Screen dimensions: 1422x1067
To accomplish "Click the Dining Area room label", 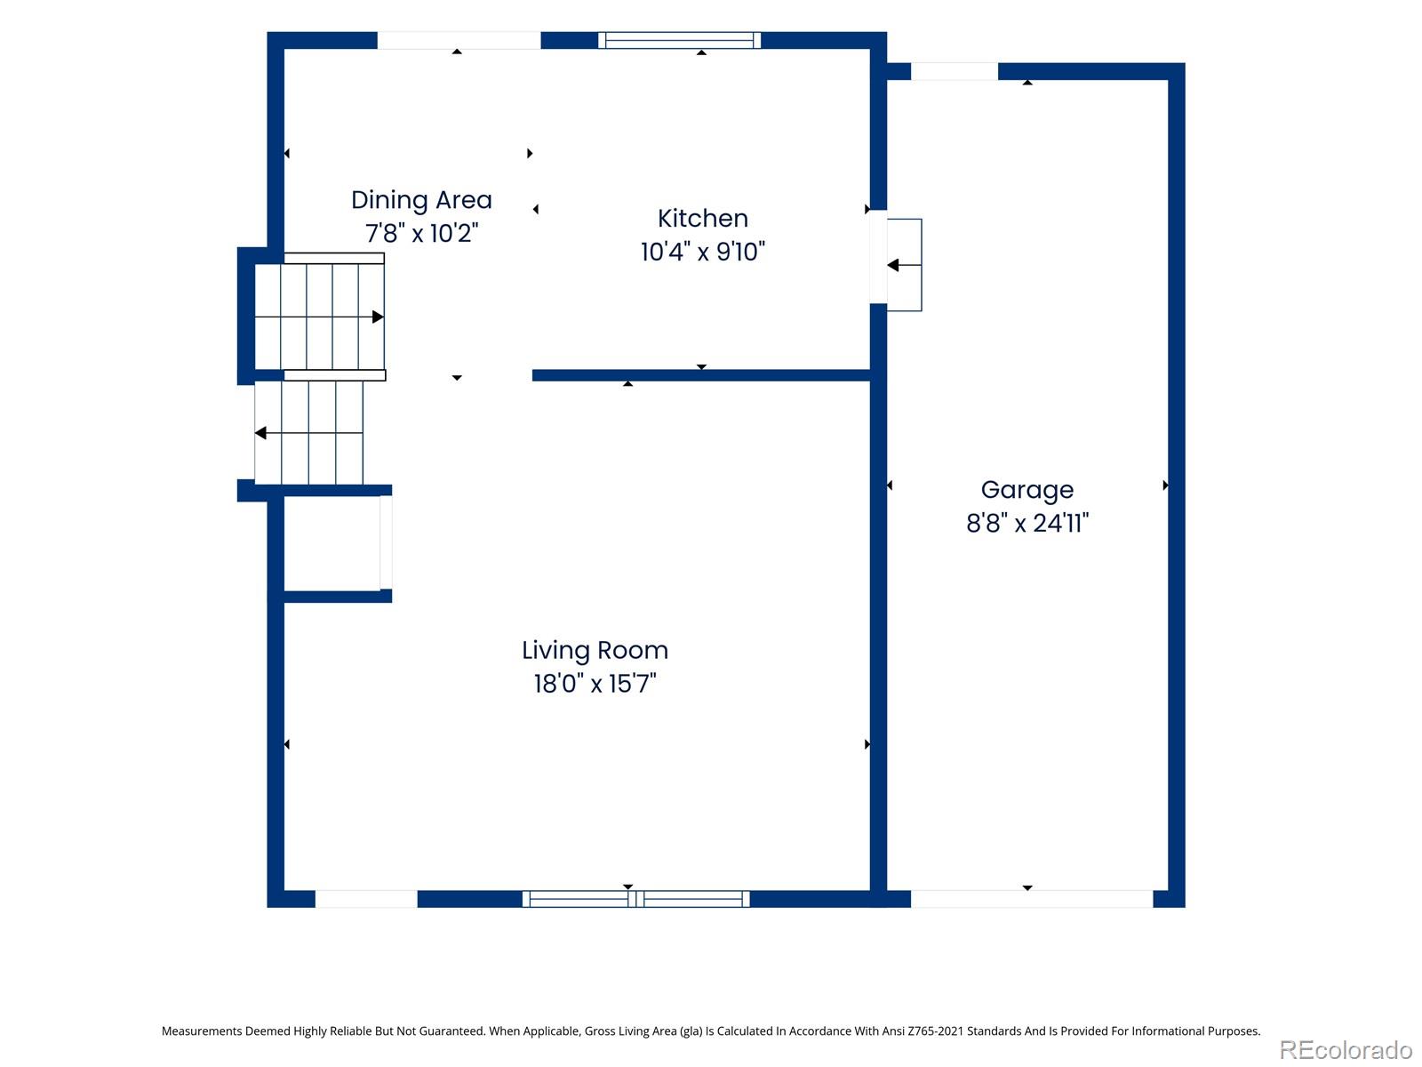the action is pyautogui.click(x=421, y=200).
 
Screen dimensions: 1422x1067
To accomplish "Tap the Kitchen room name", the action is pyautogui.click(x=702, y=219).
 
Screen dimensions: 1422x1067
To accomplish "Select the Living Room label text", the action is pyautogui.click(x=594, y=650).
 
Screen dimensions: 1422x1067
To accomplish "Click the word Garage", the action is pyautogui.click(x=1027, y=491).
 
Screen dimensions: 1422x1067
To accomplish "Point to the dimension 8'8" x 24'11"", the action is pyautogui.click(x=1027, y=523).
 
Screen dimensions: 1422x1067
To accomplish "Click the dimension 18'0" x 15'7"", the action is pyautogui.click(x=594, y=684).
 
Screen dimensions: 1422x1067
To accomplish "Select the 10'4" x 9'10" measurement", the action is pyautogui.click(x=702, y=252).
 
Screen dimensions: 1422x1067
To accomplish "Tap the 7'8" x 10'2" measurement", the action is pyautogui.click(x=421, y=233).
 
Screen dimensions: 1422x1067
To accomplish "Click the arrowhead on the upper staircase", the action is pyautogui.click(x=378, y=317).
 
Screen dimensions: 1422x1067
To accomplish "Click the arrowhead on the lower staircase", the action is pyautogui.click(x=260, y=433).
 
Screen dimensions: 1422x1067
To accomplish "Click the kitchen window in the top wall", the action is pyautogui.click(x=679, y=40).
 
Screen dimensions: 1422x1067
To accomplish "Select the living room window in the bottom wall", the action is pyautogui.click(x=635, y=899).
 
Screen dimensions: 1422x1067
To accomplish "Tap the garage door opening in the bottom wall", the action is pyautogui.click(x=1031, y=899).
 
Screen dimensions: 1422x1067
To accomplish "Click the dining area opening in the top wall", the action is pyautogui.click(x=459, y=40).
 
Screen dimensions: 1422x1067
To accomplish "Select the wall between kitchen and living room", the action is pyautogui.click(x=701, y=375).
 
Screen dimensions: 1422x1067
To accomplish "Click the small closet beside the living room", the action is pyautogui.click(x=332, y=543).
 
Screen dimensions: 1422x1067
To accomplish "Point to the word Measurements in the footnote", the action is pyautogui.click(x=202, y=1031).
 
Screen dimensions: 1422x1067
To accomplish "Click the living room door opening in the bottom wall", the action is pyautogui.click(x=366, y=899).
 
